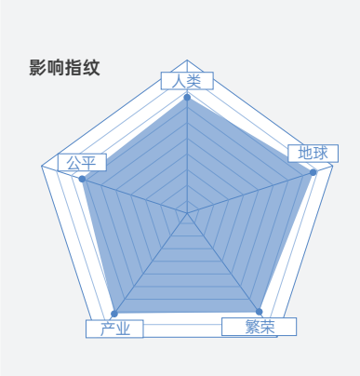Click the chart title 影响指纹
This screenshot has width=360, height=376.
click(x=64, y=68)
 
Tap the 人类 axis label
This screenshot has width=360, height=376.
click(x=187, y=81)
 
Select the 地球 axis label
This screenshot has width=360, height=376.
click(x=313, y=154)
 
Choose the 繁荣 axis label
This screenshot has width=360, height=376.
click(x=260, y=327)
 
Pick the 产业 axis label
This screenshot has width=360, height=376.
click(x=114, y=329)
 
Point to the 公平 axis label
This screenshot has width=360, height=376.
click(x=82, y=162)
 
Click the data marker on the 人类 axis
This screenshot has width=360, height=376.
click(x=187, y=98)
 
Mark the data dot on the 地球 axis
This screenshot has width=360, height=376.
click(x=313, y=172)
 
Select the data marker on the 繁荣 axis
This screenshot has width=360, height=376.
click(x=259, y=312)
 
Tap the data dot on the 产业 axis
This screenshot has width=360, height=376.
click(x=114, y=314)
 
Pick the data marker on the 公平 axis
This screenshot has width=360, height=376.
click(x=82, y=179)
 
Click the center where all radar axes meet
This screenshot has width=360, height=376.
click(x=187, y=213)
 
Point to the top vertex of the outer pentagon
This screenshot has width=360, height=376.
click(x=187, y=60)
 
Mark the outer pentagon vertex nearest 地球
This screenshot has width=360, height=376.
click(x=333, y=166)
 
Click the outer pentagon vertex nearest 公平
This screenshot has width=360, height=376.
click(x=42, y=166)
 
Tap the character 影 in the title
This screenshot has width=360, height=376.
click(x=38, y=68)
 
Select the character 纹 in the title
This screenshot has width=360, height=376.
click(x=91, y=68)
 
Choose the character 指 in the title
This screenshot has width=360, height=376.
click(x=73, y=68)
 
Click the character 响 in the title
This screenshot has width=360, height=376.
click(x=56, y=68)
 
